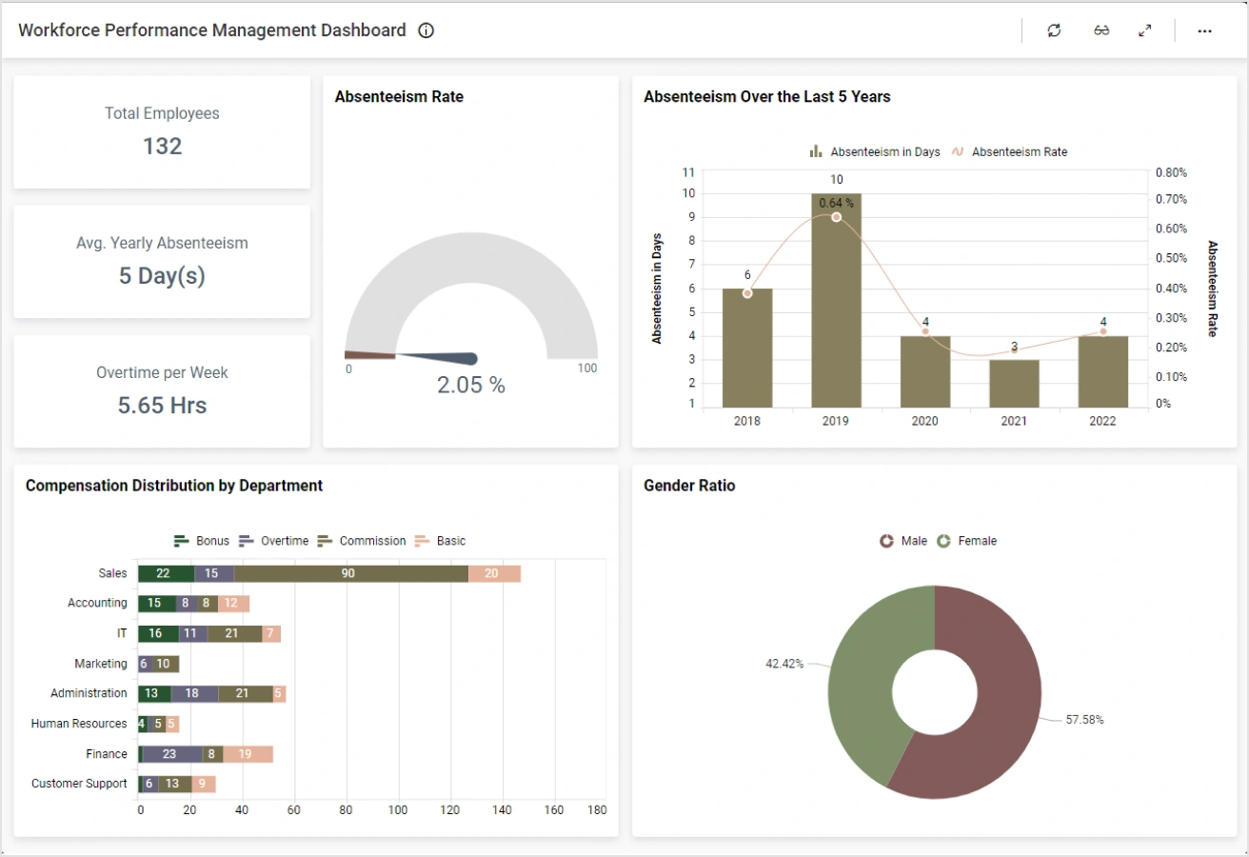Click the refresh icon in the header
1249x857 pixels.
[x=1054, y=30]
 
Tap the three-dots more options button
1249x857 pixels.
[x=1204, y=30]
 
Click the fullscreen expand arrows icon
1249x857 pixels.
[x=1145, y=30]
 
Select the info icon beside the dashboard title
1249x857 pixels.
[x=426, y=30]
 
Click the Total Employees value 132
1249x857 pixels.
[x=162, y=146]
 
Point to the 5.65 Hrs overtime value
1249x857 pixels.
[x=162, y=405]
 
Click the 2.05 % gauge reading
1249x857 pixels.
[x=470, y=385]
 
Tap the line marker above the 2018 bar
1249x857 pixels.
[x=747, y=293]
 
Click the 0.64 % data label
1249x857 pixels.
[x=836, y=203]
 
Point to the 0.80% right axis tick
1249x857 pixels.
[x=1170, y=172]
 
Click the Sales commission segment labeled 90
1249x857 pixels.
[x=347, y=573]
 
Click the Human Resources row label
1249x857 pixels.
[x=79, y=724]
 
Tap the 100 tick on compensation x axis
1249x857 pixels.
[x=398, y=810]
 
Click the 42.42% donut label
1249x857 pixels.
[x=784, y=663]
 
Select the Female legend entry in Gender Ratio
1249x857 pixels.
[x=976, y=541]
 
